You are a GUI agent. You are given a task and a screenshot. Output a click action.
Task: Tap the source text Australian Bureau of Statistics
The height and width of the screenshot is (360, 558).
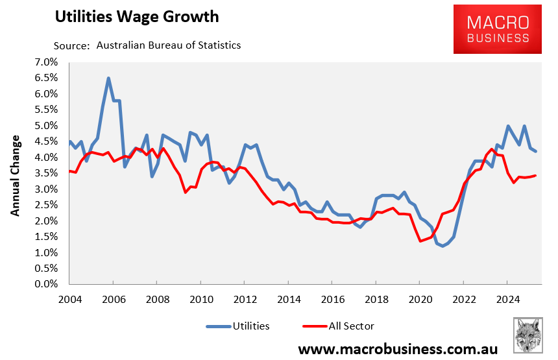tap(169, 45)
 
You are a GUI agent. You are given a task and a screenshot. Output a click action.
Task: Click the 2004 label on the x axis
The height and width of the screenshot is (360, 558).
tap(70, 300)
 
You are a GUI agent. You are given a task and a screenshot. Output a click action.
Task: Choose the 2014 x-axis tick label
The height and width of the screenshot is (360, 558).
tap(289, 300)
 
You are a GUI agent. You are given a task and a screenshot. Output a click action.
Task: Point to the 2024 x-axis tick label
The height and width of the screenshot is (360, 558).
tap(507, 300)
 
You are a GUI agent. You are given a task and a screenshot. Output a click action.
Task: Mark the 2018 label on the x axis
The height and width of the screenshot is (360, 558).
tap(376, 300)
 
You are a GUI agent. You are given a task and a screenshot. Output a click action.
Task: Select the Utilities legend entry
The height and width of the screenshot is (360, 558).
tap(237, 326)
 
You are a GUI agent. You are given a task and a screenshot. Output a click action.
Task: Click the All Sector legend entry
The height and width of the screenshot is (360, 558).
tap(338, 326)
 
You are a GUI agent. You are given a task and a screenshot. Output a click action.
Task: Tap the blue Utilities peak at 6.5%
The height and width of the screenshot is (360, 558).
tap(108, 78)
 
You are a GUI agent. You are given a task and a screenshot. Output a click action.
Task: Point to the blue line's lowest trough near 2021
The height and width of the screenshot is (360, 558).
tap(443, 246)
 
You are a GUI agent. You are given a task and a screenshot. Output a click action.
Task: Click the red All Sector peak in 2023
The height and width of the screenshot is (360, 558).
tap(491, 149)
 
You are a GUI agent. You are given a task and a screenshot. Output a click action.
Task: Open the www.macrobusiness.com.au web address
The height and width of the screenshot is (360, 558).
tap(398, 349)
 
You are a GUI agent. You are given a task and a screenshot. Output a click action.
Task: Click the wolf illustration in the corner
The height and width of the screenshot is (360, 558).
tap(529, 336)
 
